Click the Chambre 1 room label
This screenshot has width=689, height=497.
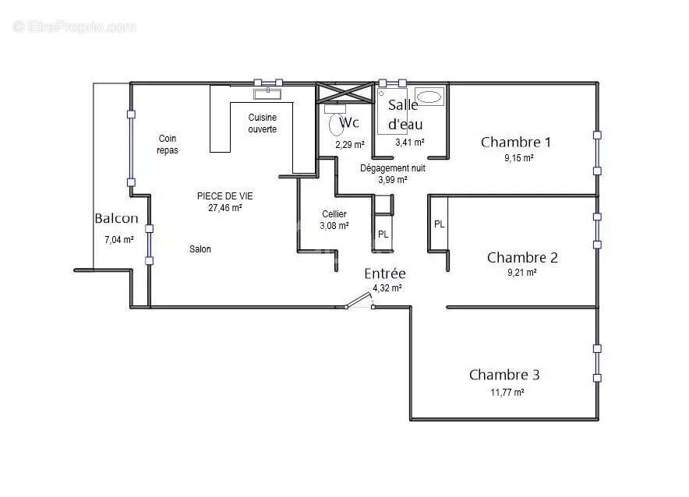click(x=516, y=142)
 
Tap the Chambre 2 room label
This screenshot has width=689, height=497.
click(x=522, y=257)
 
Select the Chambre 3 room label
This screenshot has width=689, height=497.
click(x=504, y=375)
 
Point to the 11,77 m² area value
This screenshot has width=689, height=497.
click(x=507, y=393)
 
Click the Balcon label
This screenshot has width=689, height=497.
click(x=116, y=219)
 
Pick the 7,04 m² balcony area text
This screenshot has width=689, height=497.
click(x=118, y=240)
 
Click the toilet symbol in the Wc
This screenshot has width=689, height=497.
click(x=337, y=123)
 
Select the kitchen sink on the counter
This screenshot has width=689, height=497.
click(x=268, y=93)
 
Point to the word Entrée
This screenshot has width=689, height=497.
click(x=385, y=273)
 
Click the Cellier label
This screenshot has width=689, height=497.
click(x=334, y=214)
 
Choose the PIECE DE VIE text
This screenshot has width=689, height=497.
click(x=224, y=196)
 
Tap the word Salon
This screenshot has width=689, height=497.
click(x=200, y=249)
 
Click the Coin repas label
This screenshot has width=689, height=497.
click(x=168, y=144)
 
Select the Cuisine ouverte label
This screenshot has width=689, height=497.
click(x=262, y=123)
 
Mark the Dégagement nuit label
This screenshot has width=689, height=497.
click(x=393, y=167)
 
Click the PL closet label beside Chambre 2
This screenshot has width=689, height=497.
click(x=440, y=224)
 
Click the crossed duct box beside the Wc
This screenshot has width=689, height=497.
click(x=343, y=92)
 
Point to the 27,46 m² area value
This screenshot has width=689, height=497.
click(x=224, y=208)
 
